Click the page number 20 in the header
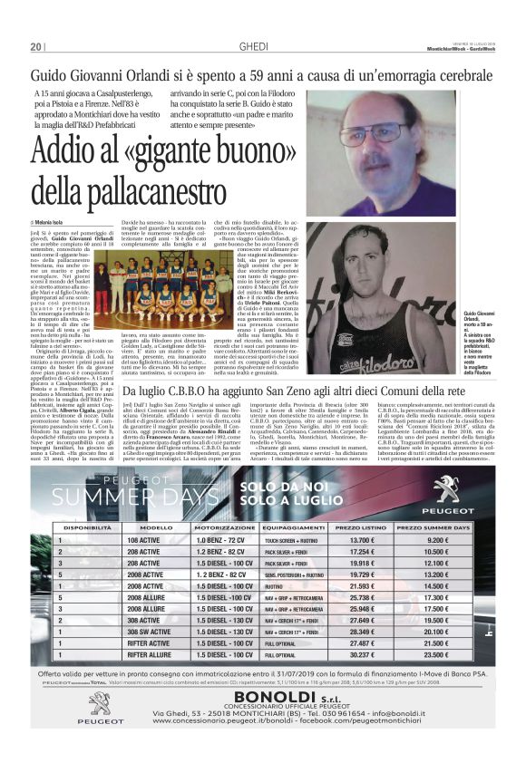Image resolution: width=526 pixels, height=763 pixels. [36, 46]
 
